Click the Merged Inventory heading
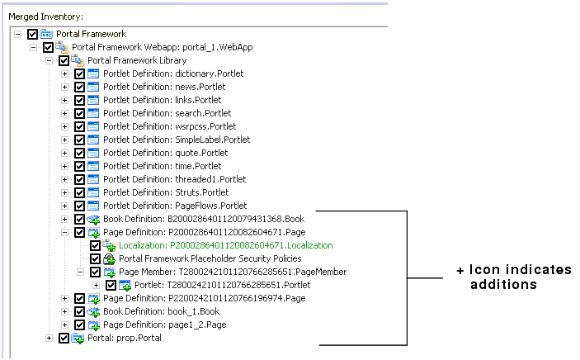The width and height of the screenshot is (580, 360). pyautogui.click(x=46, y=17)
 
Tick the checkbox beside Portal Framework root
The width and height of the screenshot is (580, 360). pyautogui.click(x=32, y=34)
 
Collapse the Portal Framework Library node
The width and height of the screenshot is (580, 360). pyautogui.click(x=49, y=61)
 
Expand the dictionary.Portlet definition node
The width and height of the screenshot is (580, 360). pyautogui.click(x=64, y=73)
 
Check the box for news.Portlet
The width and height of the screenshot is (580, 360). pyautogui.click(x=79, y=87)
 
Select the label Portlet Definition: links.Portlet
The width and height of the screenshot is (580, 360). pyautogui.click(x=162, y=100)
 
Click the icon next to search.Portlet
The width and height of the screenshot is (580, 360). pyautogui.click(x=93, y=113)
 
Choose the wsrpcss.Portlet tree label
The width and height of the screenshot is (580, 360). pyautogui.click(x=169, y=126)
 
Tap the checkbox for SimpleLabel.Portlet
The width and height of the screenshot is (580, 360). pyautogui.click(x=79, y=140)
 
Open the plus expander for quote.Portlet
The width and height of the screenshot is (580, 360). pyautogui.click(x=64, y=153)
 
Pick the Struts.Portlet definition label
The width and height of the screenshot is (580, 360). pyautogui.click(x=166, y=192)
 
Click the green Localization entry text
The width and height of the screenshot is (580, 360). pyautogui.click(x=225, y=245)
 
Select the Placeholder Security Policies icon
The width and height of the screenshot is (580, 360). pyautogui.click(x=109, y=258)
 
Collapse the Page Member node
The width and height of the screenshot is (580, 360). pyautogui.click(x=80, y=272)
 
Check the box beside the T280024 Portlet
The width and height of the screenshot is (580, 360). pyautogui.click(x=111, y=285)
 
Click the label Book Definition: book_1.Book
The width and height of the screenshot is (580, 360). pyautogui.click(x=161, y=311)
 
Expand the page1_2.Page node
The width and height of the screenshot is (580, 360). pyautogui.click(x=64, y=324)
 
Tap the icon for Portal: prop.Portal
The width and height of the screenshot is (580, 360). pyautogui.click(x=78, y=339)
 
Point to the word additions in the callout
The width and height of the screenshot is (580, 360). pyautogui.click(x=503, y=284)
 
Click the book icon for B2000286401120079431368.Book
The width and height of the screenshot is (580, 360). pyautogui.click(x=93, y=220)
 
